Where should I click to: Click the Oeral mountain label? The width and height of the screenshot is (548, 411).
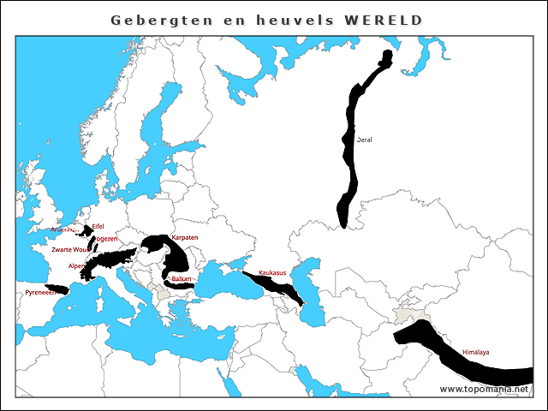(x=364, y=139)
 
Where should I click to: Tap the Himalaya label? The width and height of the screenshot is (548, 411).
(x=475, y=352)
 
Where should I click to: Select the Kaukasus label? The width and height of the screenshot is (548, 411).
(x=272, y=273)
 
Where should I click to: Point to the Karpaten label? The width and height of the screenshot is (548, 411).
(x=184, y=237)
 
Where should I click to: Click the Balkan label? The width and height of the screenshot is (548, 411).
(x=182, y=279)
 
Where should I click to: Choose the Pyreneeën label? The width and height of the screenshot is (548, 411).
(x=39, y=292)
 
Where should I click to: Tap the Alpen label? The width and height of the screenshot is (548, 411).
(x=76, y=266)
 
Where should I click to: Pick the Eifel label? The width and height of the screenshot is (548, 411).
(x=98, y=226)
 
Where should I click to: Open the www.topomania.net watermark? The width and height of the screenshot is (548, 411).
(x=484, y=389)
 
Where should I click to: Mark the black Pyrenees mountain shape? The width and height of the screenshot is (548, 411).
(x=57, y=289)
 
